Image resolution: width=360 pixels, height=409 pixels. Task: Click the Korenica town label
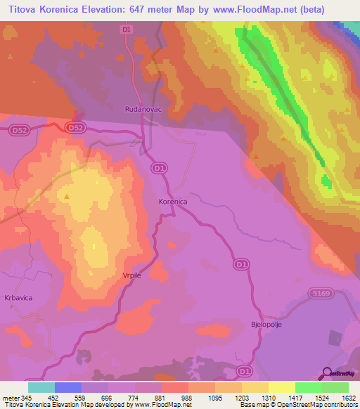tap(172, 202)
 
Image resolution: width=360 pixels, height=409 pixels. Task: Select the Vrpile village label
tap(131, 275)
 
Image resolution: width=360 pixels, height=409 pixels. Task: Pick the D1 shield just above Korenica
tap(160, 168)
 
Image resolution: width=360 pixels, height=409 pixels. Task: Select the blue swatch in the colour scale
tap(67, 387)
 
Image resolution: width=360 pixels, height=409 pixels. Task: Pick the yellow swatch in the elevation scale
tap(281, 387)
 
